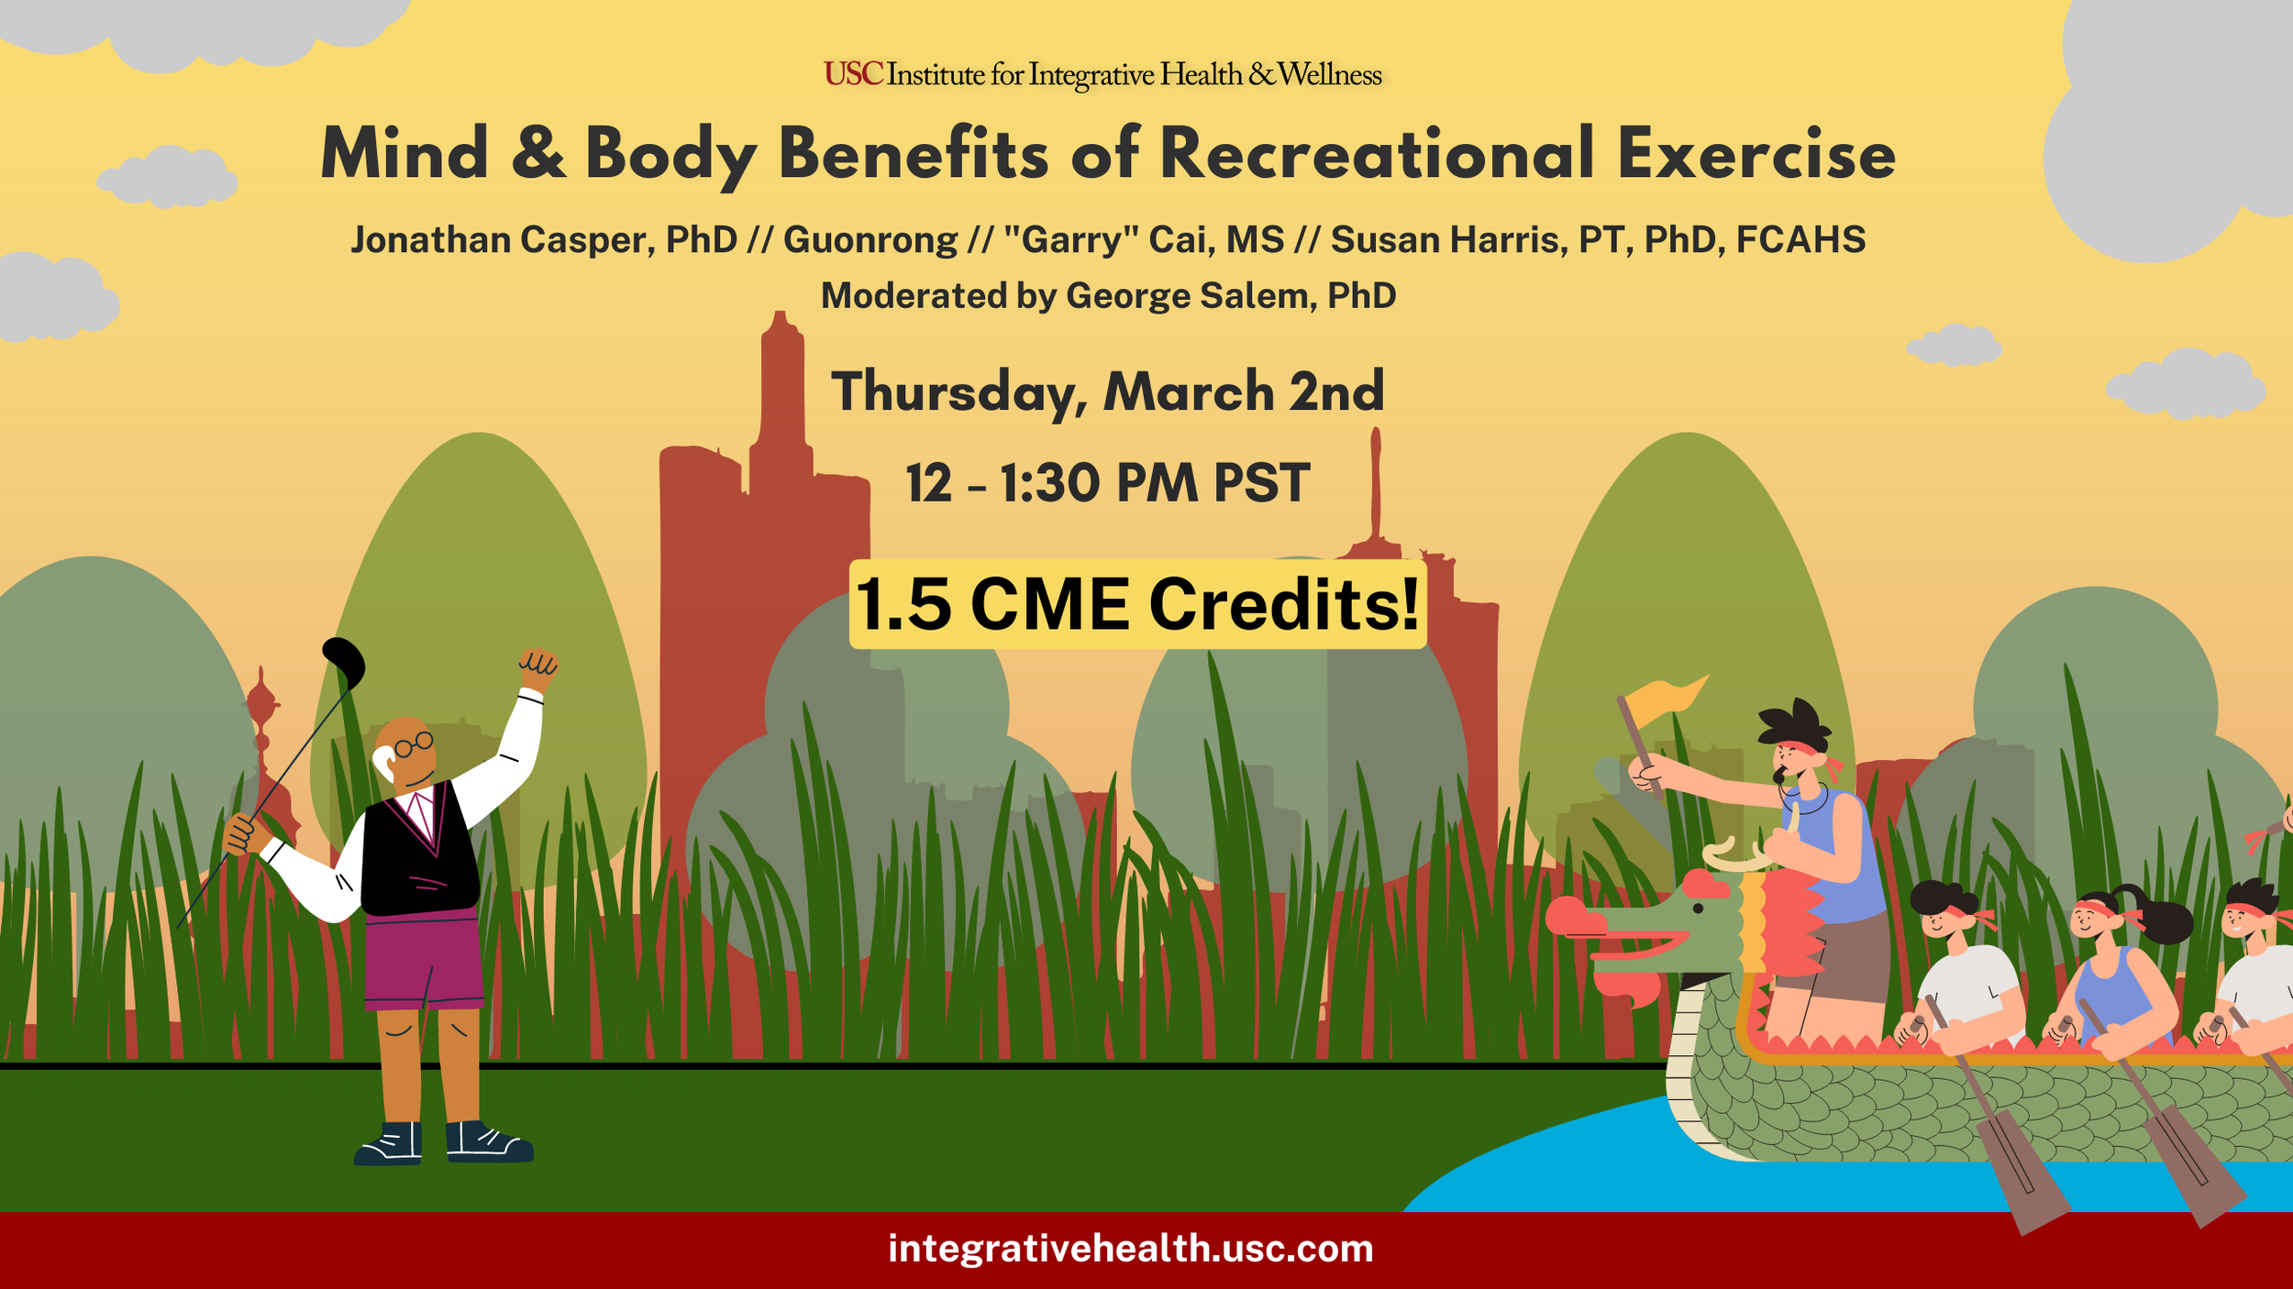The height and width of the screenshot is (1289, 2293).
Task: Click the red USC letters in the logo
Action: click(x=852, y=74)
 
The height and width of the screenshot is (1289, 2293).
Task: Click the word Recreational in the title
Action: click(x=1376, y=154)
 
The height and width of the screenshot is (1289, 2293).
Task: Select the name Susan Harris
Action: click(x=1444, y=240)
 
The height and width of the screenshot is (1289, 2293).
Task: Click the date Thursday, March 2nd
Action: click(x=1107, y=392)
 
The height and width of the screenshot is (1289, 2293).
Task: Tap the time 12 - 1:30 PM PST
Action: click(x=1107, y=483)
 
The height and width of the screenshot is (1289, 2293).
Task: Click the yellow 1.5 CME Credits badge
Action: click(x=1137, y=605)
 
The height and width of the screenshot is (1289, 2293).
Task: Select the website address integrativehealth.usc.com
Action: click(x=1130, y=1249)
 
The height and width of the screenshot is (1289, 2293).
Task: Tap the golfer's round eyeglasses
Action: click(x=414, y=744)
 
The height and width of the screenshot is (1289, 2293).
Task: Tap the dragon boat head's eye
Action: click(x=1698, y=909)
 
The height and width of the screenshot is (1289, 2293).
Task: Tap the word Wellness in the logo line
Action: click(x=1329, y=74)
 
